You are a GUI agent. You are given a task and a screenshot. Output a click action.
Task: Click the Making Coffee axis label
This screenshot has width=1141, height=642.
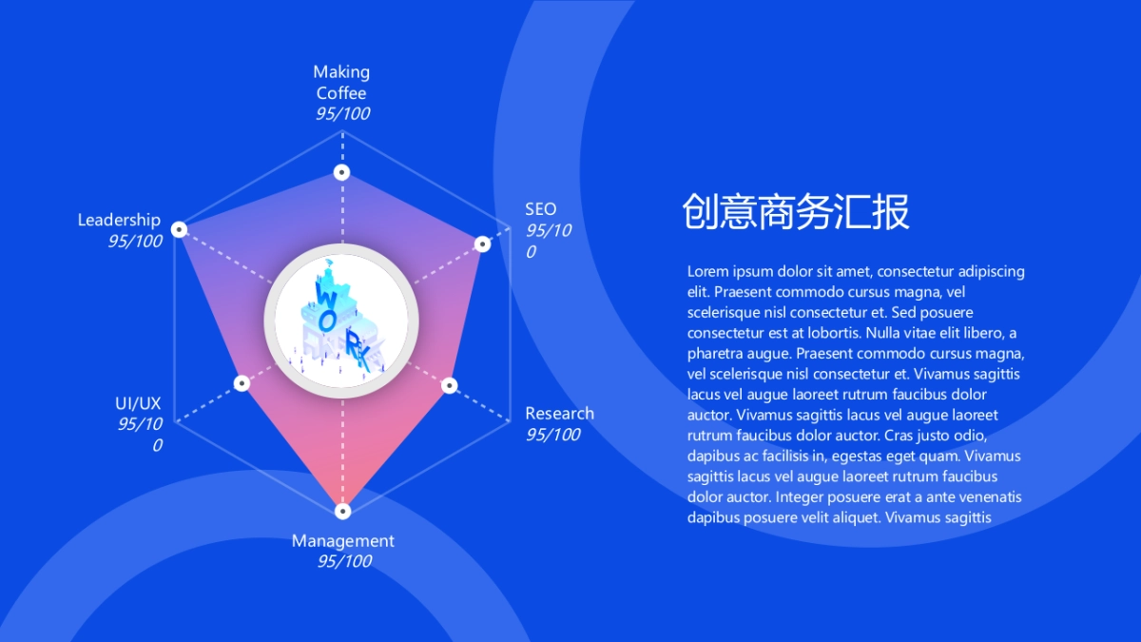(341, 82)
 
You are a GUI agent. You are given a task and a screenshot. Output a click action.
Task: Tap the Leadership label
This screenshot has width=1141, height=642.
(119, 221)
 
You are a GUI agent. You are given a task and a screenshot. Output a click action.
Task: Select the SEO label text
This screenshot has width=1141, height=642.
(540, 209)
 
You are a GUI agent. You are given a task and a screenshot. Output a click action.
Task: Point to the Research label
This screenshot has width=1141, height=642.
(559, 414)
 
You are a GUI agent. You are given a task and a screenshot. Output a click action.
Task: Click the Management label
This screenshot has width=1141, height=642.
(342, 541)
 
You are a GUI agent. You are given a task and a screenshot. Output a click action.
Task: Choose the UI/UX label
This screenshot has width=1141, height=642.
(138, 404)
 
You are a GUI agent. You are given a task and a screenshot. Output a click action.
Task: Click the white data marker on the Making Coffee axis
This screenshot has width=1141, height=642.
(341, 172)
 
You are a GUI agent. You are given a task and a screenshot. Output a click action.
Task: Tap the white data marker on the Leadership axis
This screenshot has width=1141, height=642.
(180, 229)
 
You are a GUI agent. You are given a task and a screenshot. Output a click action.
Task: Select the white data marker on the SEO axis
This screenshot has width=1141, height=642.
(482, 244)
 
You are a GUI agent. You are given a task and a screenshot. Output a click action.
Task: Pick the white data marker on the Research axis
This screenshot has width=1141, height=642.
(450, 385)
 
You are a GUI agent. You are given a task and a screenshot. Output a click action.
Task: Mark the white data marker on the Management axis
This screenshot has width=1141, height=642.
(342, 511)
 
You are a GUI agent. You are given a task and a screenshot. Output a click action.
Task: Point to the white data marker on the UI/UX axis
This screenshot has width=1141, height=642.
(242, 383)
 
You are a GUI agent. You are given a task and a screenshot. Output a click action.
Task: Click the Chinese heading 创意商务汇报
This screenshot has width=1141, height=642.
(795, 212)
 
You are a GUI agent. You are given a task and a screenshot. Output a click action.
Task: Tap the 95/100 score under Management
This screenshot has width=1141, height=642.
(343, 562)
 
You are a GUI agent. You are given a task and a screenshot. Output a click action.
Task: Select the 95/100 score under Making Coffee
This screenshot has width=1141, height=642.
(342, 114)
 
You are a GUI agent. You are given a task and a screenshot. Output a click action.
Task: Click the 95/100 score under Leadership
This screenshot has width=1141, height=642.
(134, 242)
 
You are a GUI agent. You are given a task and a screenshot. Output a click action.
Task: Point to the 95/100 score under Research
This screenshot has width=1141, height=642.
(552, 436)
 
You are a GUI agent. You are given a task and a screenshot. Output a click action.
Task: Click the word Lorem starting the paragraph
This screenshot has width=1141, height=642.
(707, 272)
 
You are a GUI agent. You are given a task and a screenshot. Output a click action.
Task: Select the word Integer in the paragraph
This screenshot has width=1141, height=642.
(803, 497)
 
